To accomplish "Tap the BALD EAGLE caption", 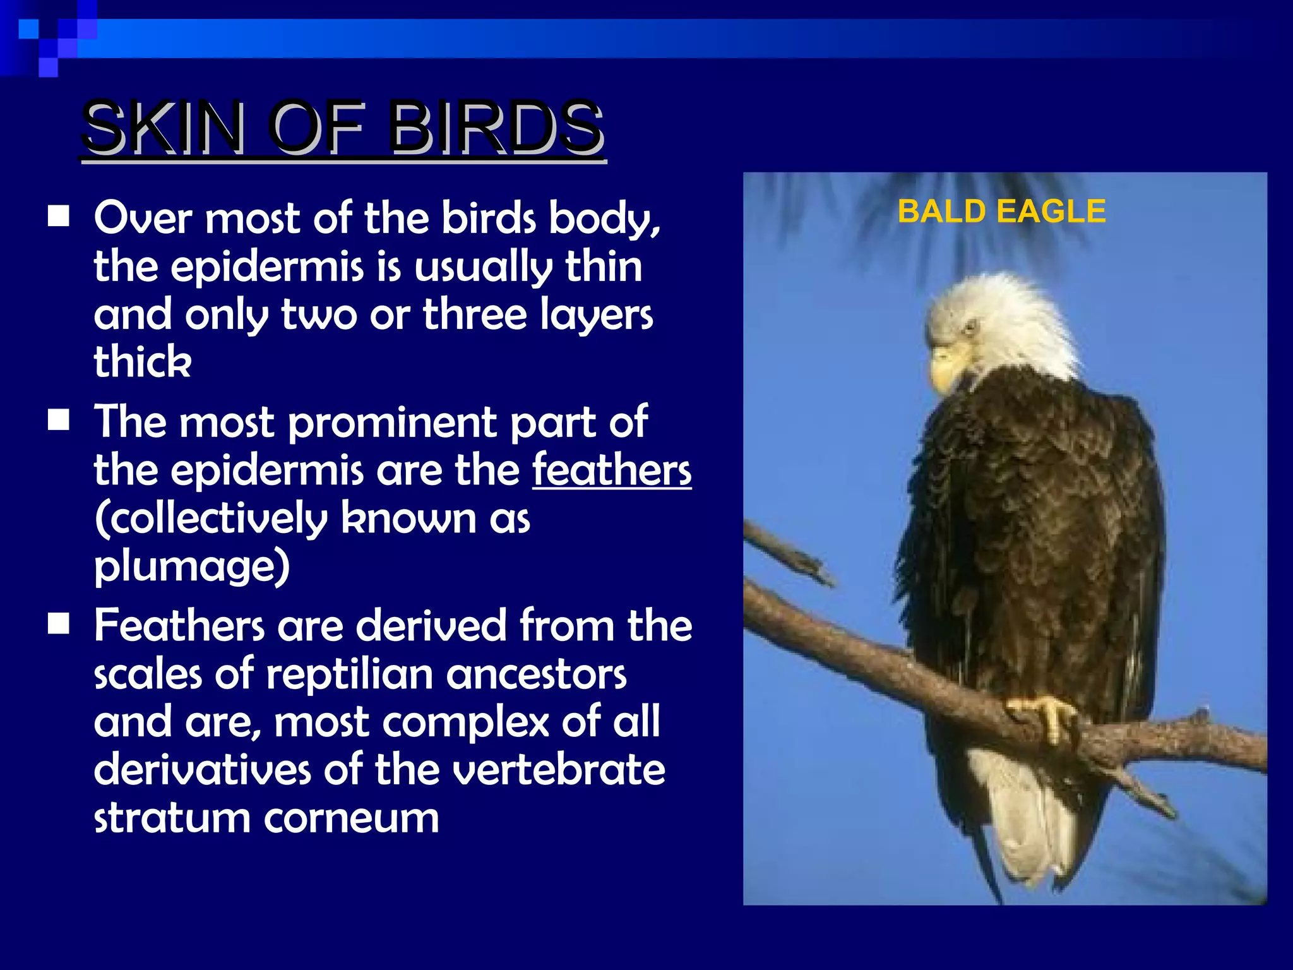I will click(x=1001, y=211).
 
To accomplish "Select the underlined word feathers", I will click(x=612, y=470).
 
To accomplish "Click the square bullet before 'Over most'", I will click(x=59, y=217).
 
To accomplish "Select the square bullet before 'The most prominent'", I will click(x=59, y=420).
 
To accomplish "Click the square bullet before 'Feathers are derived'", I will click(x=59, y=624).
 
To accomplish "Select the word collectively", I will click(x=212, y=518).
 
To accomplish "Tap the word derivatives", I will click(x=202, y=770).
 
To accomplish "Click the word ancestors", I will click(x=536, y=674).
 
